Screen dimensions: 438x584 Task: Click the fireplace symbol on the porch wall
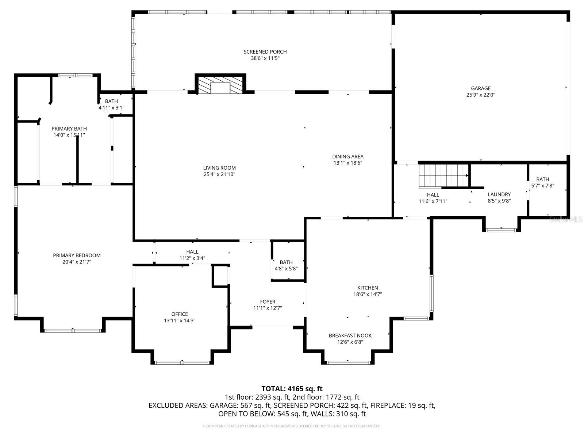pos(221,85)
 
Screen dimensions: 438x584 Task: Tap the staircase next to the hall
pos(443,175)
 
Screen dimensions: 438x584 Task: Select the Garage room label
pos(480,88)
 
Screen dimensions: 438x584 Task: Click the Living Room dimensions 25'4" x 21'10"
pos(219,174)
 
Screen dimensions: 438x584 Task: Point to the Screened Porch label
pos(265,52)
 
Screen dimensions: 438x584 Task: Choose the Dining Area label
pos(347,157)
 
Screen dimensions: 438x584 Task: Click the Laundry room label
pos(499,195)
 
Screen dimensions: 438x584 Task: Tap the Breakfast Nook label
pos(350,335)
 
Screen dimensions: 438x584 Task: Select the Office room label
pos(180,314)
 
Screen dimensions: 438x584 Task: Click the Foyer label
pos(268,301)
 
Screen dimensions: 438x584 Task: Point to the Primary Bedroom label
pos(77,255)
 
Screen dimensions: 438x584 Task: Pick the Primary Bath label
pos(69,128)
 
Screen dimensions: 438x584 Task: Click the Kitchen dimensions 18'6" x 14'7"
pos(368,294)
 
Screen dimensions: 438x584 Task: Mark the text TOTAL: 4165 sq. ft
pos(292,389)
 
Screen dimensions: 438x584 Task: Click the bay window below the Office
pos(182,362)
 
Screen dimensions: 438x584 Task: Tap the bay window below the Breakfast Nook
pos(348,362)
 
